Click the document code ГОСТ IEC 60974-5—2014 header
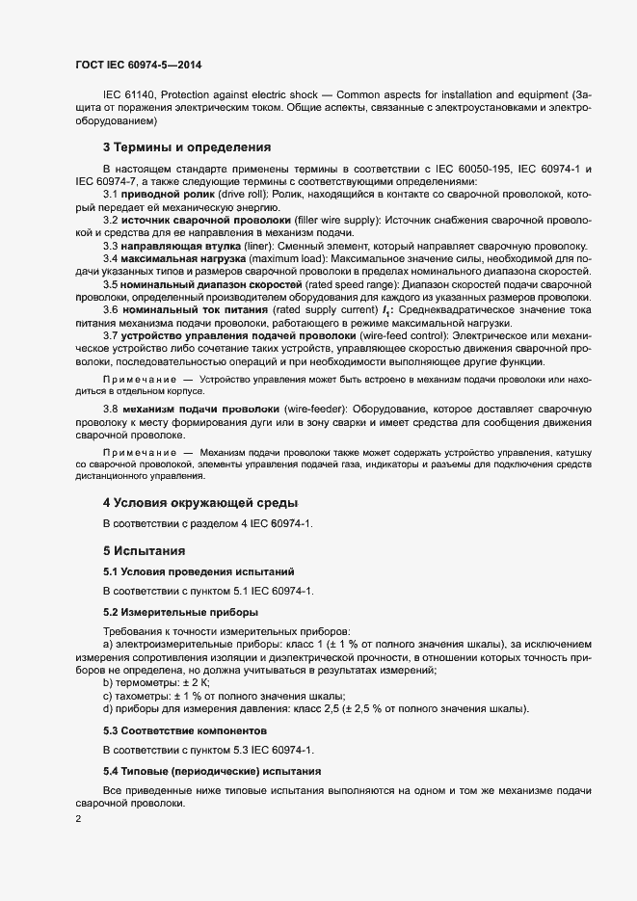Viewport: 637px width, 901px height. [x=138, y=66]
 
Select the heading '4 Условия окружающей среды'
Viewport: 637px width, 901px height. [x=200, y=502]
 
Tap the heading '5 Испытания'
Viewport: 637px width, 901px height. [x=144, y=552]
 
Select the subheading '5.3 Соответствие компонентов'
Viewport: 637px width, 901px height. [x=181, y=730]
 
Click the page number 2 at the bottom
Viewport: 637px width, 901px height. [x=78, y=819]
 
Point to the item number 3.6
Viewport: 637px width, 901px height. [x=112, y=310]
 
